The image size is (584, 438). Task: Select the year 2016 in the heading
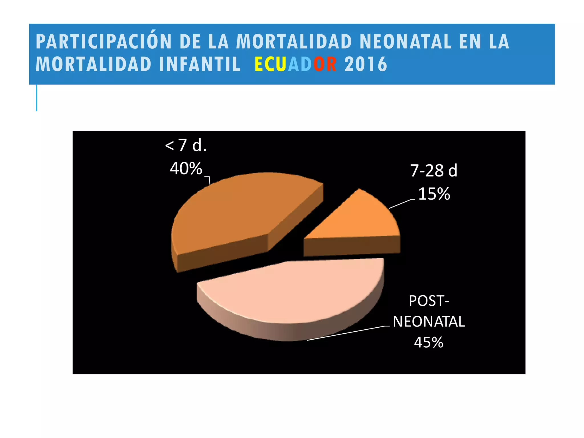click(366, 64)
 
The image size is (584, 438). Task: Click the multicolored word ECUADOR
click(295, 64)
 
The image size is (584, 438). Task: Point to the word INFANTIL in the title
click(200, 64)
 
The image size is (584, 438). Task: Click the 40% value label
click(186, 169)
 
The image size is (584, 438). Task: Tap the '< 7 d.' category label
click(186, 145)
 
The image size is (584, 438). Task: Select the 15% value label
click(434, 194)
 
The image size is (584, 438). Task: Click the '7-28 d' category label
click(433, 171)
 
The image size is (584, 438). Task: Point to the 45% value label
click(429, 342)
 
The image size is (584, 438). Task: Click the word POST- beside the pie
click(429, 301)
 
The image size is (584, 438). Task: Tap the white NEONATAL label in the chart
click(429, 322)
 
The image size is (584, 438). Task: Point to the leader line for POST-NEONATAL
click(348, 333)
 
